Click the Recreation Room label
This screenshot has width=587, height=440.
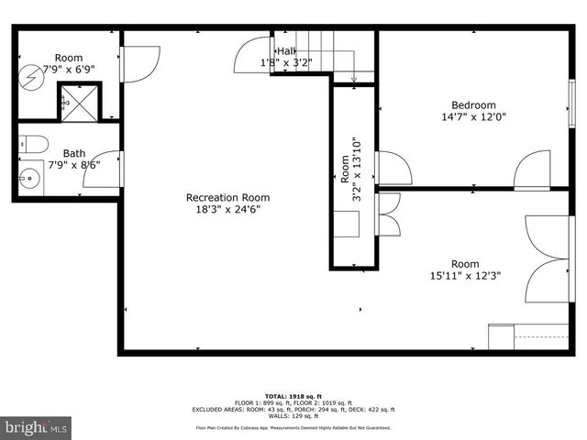tap(227, 197)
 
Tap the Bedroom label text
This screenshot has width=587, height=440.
tap(473, 104)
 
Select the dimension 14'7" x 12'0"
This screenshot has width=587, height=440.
tap(473, 117)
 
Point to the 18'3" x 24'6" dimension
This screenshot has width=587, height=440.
tap(227, 209)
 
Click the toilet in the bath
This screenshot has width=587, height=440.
tap(34, 144)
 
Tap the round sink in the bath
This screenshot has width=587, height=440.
tap(30, 177)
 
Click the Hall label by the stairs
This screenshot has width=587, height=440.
tap(286, 51)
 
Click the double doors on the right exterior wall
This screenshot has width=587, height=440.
tap(548, 258)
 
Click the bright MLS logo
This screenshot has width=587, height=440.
tap(37, 427)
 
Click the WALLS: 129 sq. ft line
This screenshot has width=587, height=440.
tap(293, 416)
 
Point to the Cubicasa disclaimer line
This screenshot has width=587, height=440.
tap(293, 427)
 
